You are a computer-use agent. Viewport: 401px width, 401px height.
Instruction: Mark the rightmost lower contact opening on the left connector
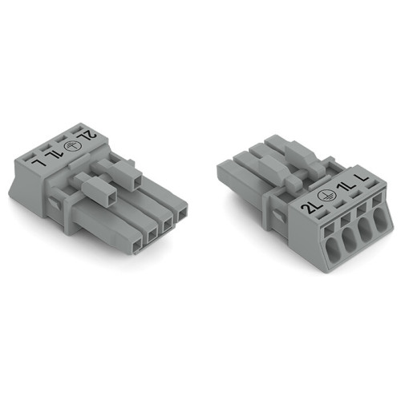click(184, 213)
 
